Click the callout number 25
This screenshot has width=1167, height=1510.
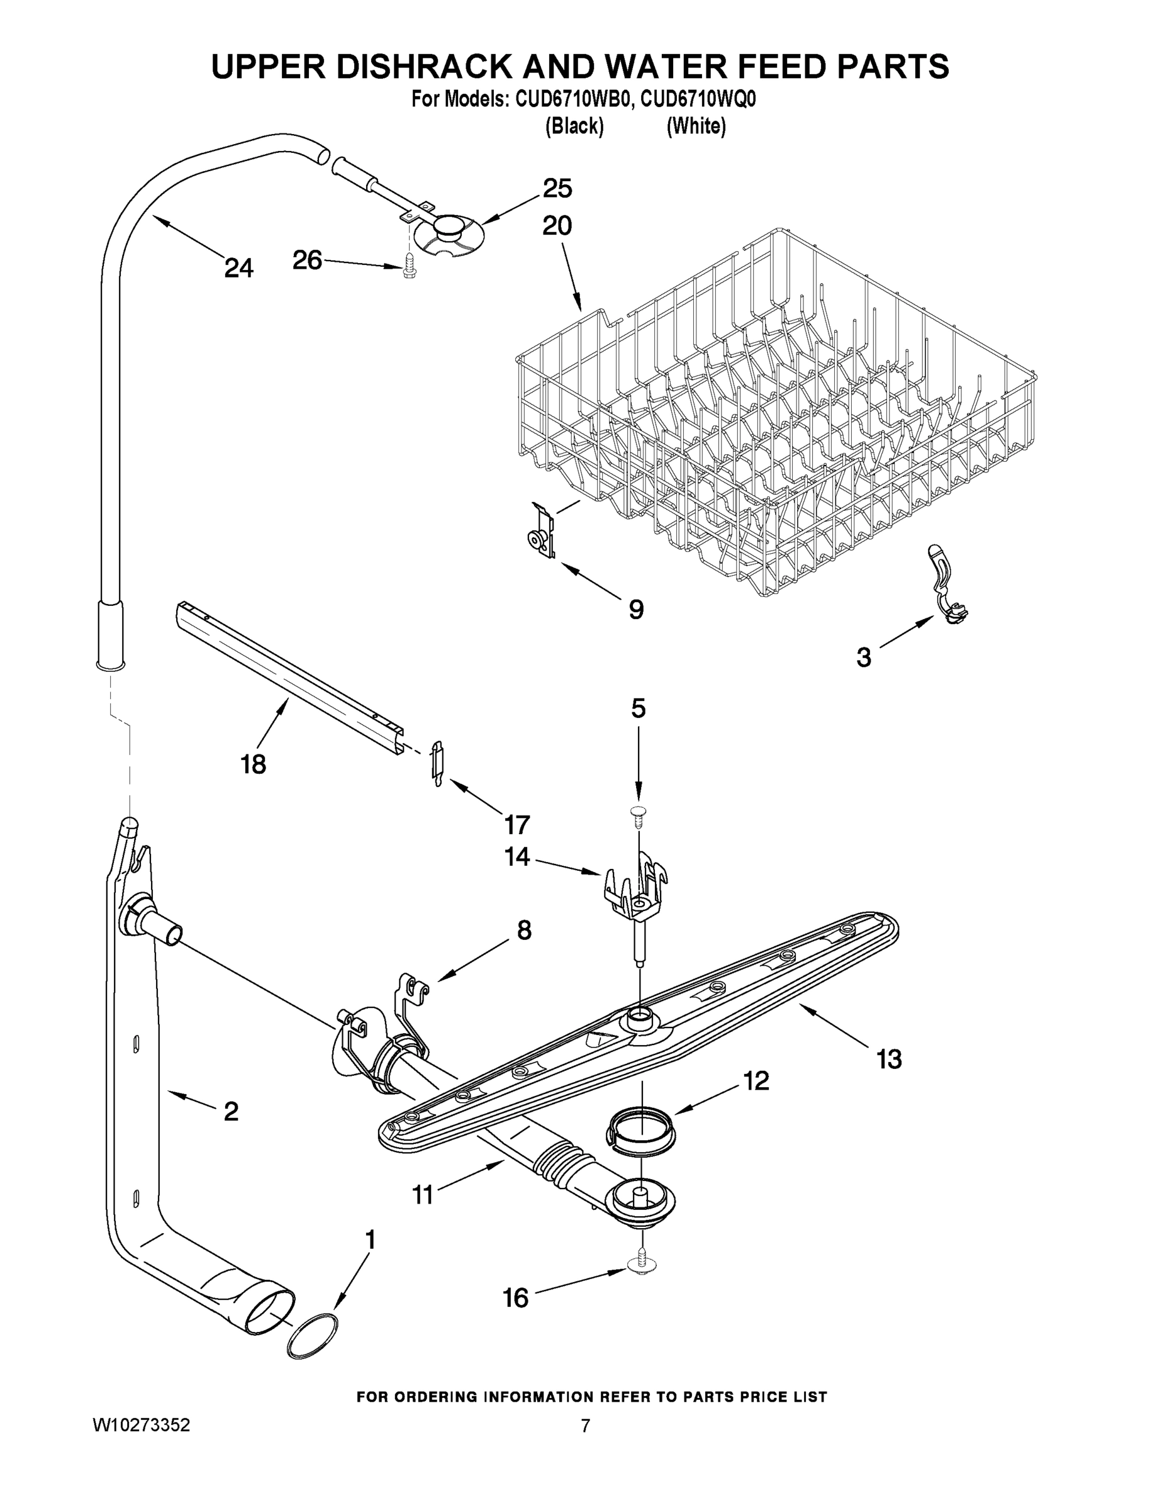click(x=557, y=188)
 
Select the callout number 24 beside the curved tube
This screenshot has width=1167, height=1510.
click(x=238, y=267)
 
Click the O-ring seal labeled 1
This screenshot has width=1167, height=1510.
click(x=313, y=1337)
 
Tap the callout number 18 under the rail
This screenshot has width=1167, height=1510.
click(x=254, y=764)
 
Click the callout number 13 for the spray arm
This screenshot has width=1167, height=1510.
click(x=889, y=1058)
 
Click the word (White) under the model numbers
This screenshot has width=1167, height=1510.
click(x=696, y=126)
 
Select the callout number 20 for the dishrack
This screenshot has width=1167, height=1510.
click(x=557, y=225)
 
